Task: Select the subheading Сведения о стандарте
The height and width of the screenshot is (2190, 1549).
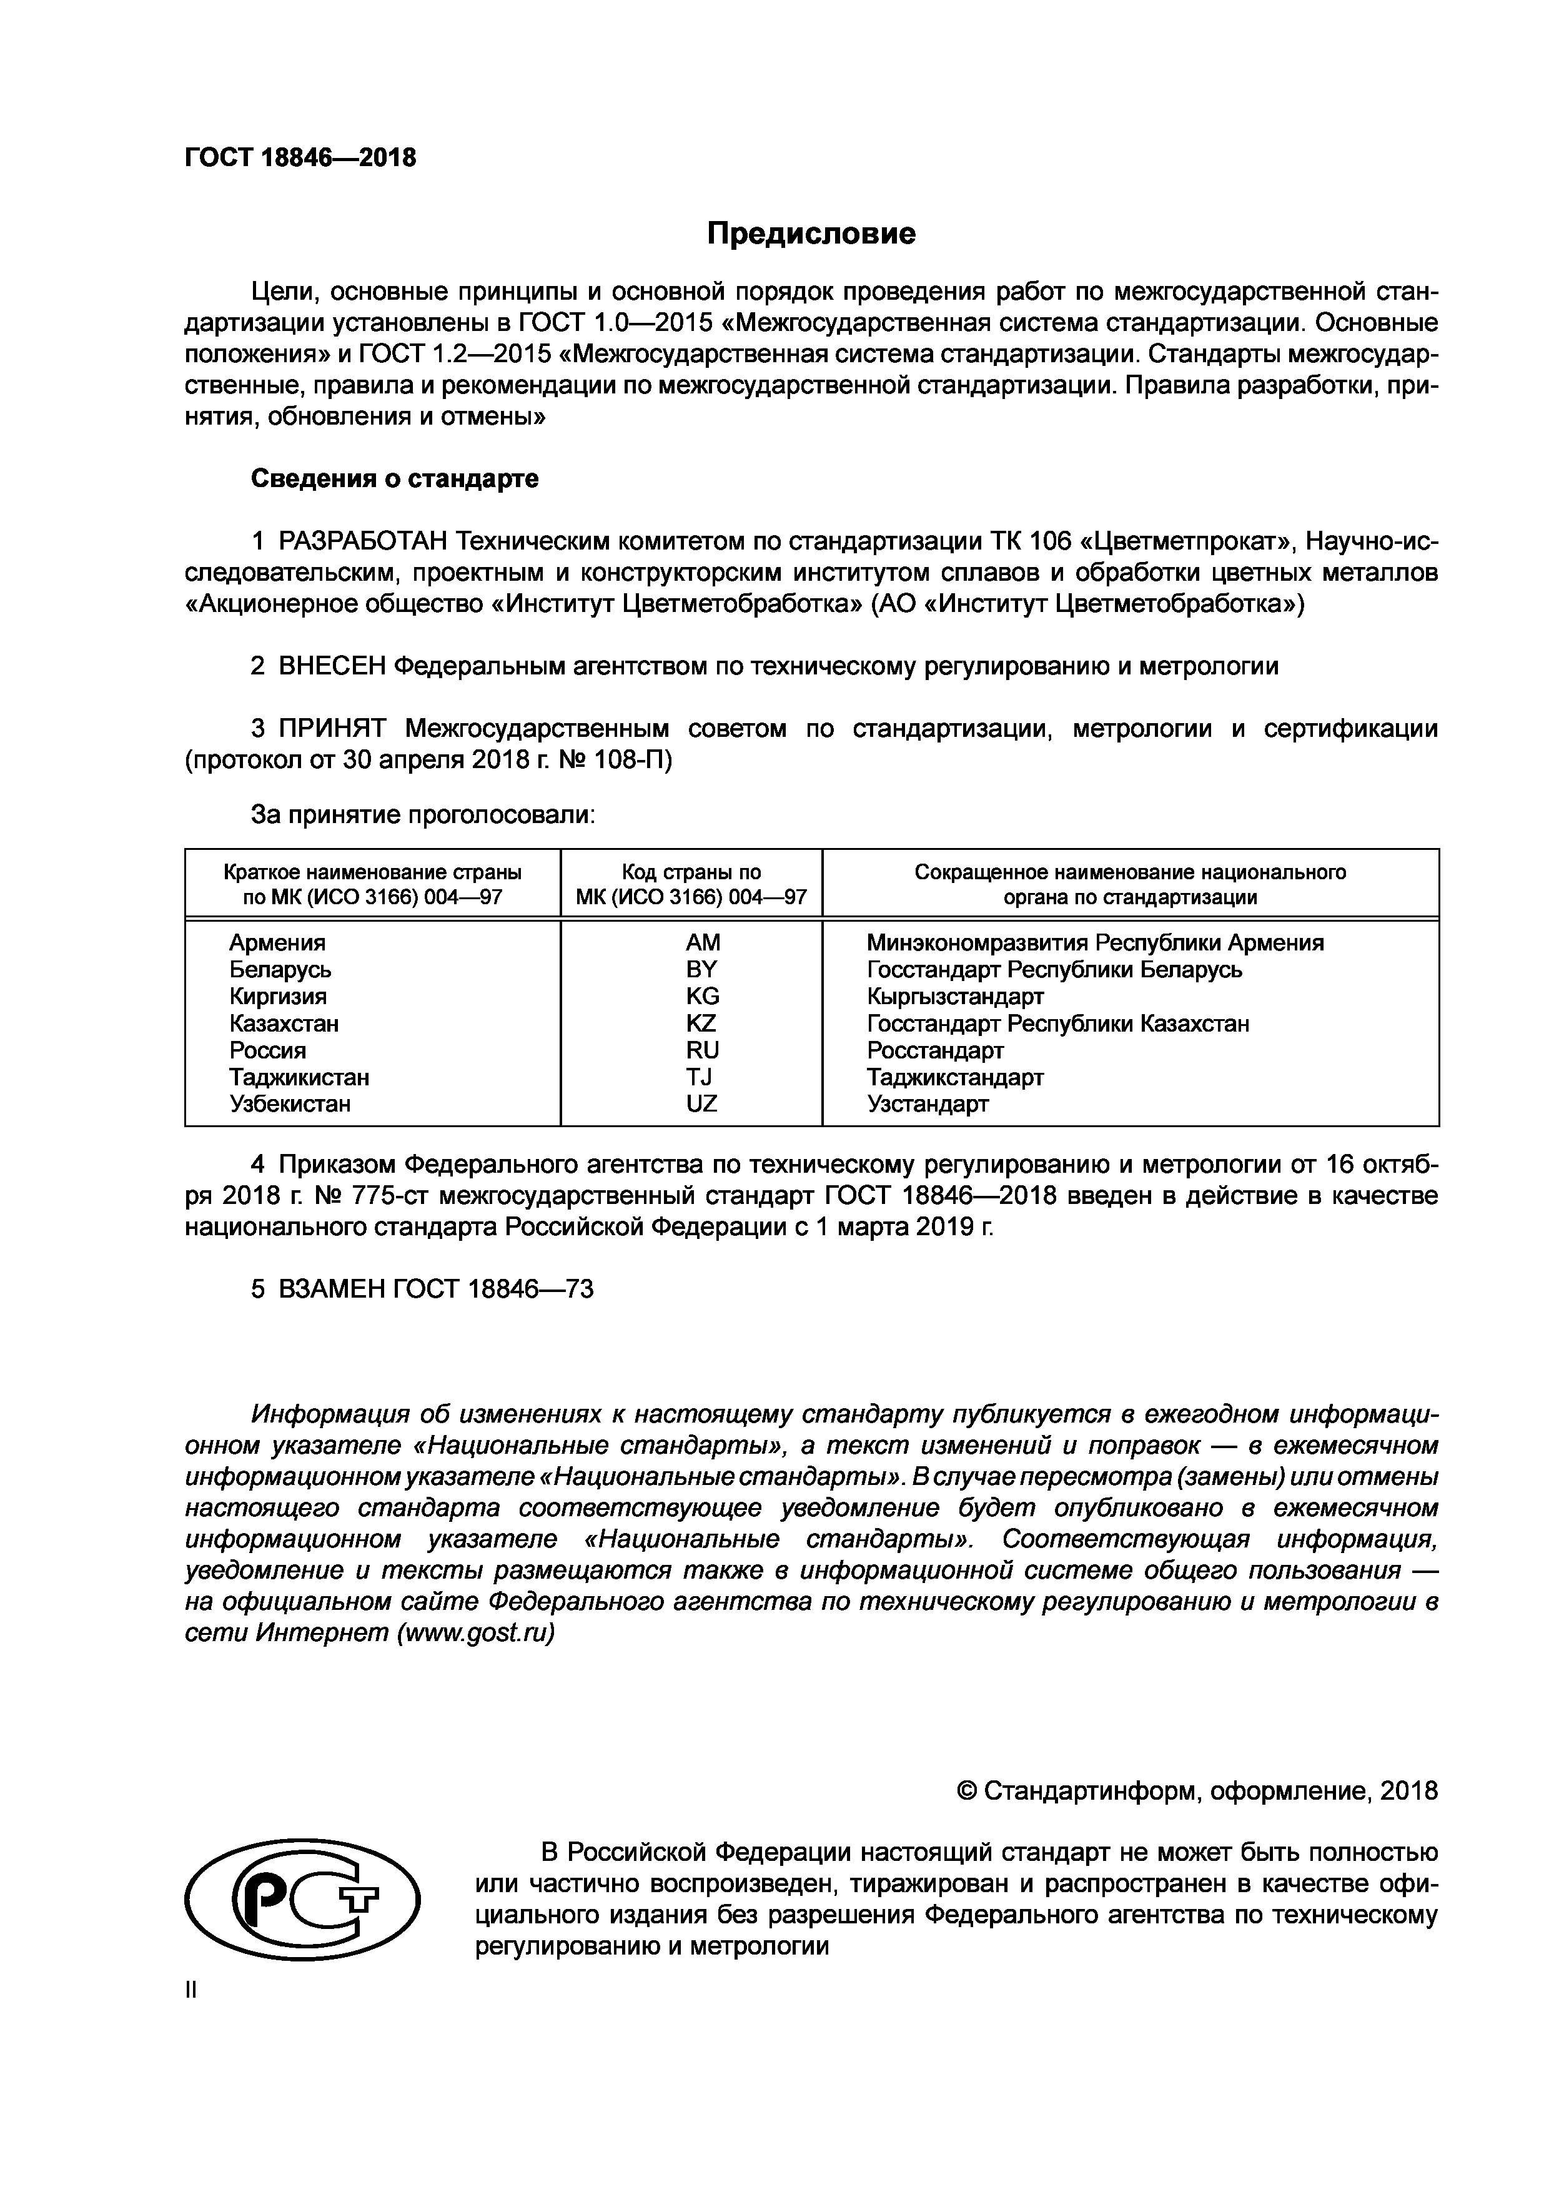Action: tap(395, 479)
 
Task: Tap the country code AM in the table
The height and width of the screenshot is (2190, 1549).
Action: tap(702, 942)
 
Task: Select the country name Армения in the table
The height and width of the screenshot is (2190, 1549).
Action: tap(277, 942)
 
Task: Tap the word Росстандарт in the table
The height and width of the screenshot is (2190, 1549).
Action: tap(935, 1050)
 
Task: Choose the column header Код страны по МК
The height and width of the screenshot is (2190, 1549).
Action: tap(691, 884)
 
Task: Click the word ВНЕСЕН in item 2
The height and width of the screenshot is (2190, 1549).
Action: tap(331, 666)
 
